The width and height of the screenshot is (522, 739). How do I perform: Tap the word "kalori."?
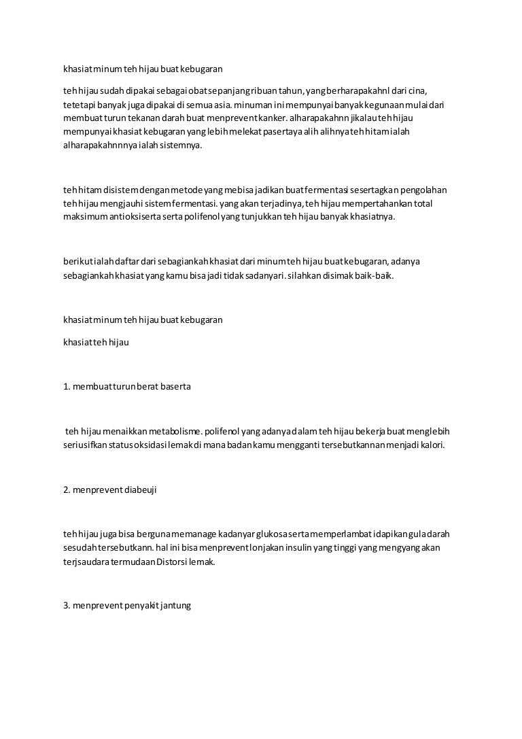[x=430, y=445]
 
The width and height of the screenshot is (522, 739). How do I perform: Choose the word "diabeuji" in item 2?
[x=141, y=490]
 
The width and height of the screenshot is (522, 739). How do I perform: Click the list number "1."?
[x=67, y=386]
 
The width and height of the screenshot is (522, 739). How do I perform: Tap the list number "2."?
[x=67, y=490]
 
